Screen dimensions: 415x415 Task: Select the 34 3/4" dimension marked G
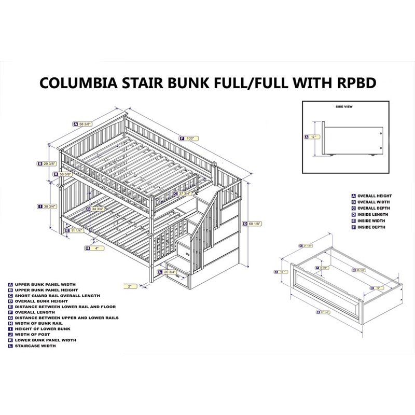point(96,209)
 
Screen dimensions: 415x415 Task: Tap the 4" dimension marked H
point(95,248)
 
